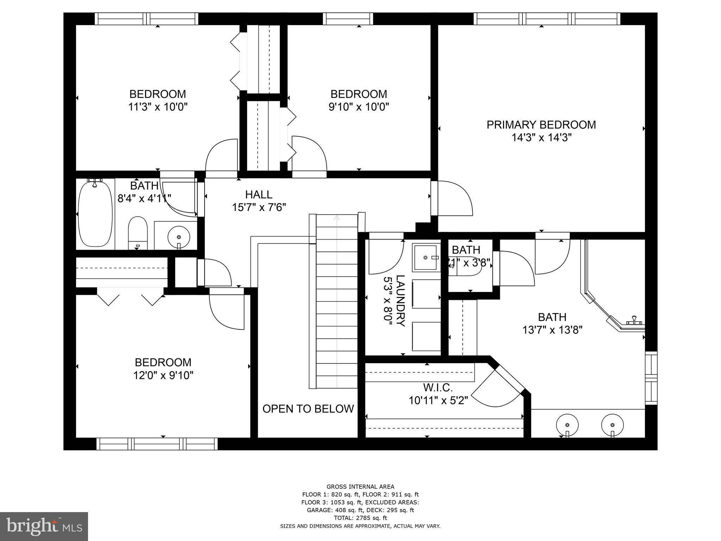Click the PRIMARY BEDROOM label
(541, 125)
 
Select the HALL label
(259, 194)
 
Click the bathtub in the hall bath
(95, 214)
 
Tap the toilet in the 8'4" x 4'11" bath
(137, 232)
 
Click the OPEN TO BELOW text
(308, 409)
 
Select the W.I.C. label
(438, 388)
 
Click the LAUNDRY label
(400, 301)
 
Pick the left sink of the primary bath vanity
(567, 425)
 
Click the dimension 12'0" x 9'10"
(163, 375)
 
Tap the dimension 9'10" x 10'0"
(358, 107)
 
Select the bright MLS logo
(44, 526)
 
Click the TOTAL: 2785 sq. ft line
(360, 518)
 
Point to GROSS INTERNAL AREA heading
(360, 487)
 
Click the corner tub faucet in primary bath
(634, 320)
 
